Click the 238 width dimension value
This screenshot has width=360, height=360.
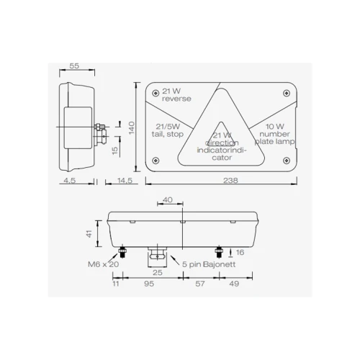point(230,180)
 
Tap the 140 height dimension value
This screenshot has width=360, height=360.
point(132,128)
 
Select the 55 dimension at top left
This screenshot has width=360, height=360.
point(74,66)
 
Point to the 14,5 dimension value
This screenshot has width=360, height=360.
point(125,180)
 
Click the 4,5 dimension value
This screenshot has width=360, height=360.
point(70,180)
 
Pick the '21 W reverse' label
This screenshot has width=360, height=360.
point(176,95)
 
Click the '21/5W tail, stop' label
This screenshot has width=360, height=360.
point(168,130)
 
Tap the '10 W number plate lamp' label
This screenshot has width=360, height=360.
point(274,134)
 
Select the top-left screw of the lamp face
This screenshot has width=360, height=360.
point(156,93)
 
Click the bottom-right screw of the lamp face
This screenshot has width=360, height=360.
point(287,161)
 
